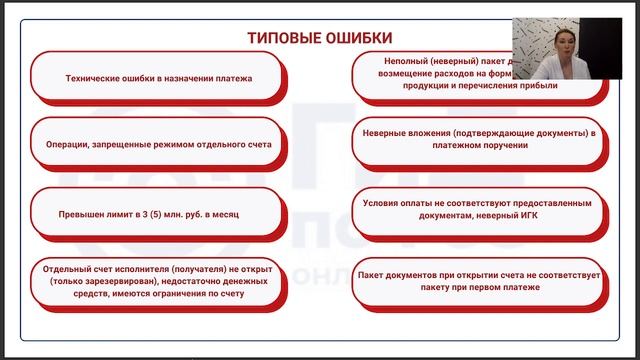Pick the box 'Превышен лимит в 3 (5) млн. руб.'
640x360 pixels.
pos(157,214)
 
